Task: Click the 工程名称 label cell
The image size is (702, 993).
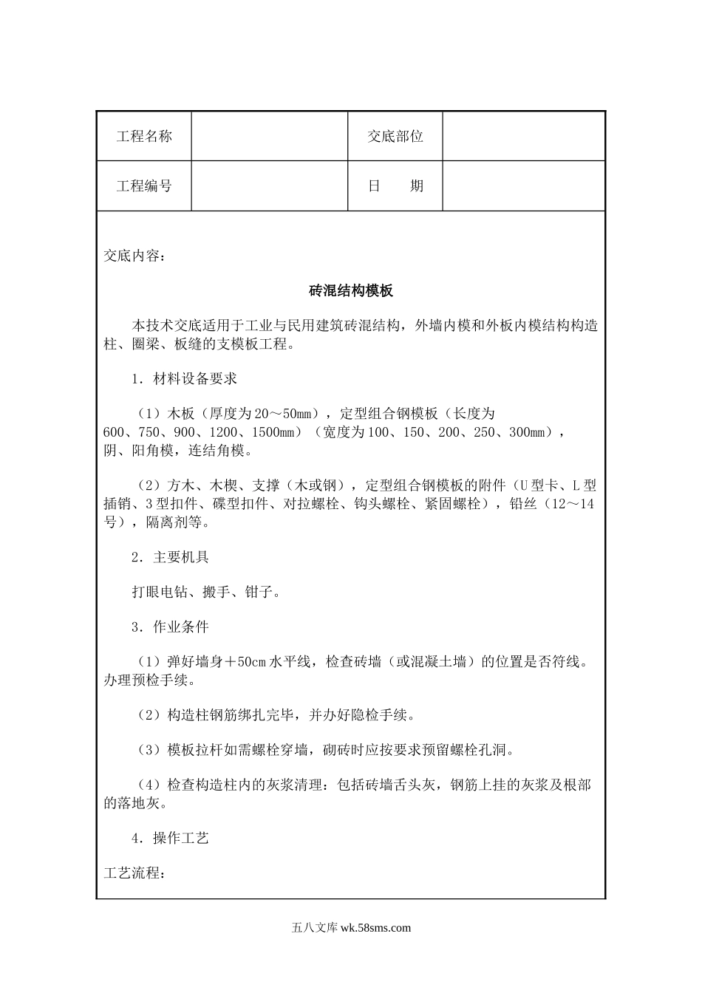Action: pos(144,136)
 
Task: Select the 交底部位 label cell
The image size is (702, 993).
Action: pos(395,136)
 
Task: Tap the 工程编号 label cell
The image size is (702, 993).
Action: pos(144,186)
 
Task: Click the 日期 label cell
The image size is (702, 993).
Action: pos(395,186)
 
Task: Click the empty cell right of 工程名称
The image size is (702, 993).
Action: pos(270,136)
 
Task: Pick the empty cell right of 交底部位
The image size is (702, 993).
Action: pos(524,136)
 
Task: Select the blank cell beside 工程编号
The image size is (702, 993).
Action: pos(270,186)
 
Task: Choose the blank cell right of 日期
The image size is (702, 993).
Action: pos(524,186)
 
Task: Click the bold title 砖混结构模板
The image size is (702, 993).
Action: pos(351,291)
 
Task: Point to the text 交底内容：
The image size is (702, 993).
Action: pos(134,256)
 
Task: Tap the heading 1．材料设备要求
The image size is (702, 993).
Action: pos(184,379)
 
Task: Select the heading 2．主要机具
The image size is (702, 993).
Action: pos(170,557)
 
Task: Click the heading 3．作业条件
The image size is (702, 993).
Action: pos(170,627)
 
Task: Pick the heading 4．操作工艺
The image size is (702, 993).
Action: pos(170,838)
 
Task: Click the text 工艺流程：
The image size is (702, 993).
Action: pos(134,873)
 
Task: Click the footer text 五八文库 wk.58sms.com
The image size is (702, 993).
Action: pos(351,928)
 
